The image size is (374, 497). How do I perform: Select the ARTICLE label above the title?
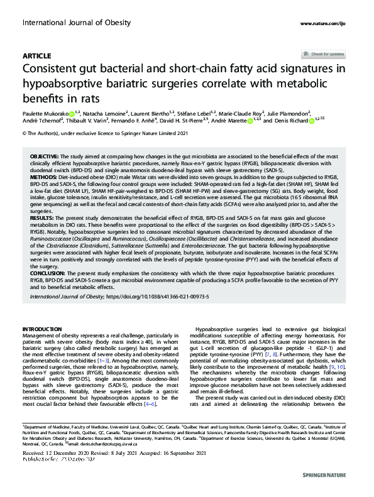click(36, 56)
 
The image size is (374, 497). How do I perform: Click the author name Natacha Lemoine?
click(104, 113)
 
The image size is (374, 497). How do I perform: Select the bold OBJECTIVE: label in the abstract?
click(44, 155)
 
